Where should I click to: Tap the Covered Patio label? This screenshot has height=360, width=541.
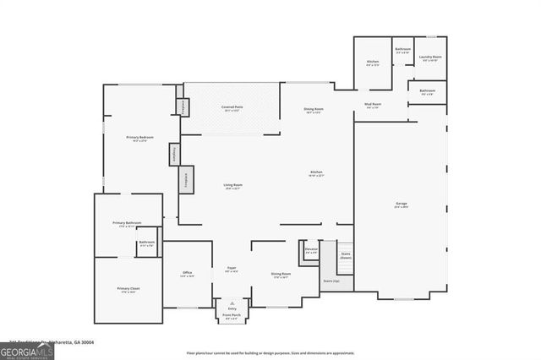(x=232, y=108)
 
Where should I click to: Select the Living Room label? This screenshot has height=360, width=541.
(x=233, y=186)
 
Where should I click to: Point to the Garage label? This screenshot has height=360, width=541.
(x=401, y=205)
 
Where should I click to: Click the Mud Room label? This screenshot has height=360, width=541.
(x=373, y=106)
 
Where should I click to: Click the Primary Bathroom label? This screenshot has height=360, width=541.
(x=128, y=224)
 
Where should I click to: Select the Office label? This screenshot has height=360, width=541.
(x=187, y=274)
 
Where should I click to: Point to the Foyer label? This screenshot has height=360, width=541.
(x=231, y=270)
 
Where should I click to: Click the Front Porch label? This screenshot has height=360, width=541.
(x=232, y=318)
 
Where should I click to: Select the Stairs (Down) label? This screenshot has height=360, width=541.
(x=345, y=254)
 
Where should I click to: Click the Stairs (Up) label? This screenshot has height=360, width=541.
(x=331, y=281)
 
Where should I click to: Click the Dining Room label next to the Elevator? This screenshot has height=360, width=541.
(x=281, y=275)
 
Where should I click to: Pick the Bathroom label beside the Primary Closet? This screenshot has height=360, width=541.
(x=147, y=243)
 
